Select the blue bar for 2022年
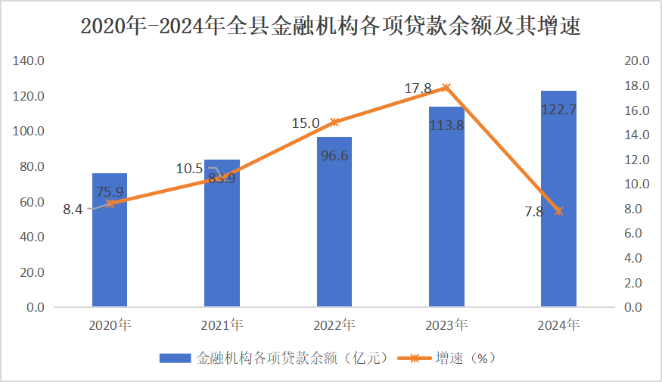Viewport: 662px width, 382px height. tap(334, 227)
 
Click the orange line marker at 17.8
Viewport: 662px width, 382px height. tap(446, 88)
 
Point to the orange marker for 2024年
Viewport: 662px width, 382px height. tap(558, 211)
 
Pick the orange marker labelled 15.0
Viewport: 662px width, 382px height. tap(334, 122)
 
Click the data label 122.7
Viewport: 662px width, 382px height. tap(558, 110)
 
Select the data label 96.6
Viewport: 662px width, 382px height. tap(334, 156)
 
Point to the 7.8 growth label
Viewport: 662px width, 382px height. tap(533, 212)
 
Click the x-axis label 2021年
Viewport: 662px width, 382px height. tap(222, 326)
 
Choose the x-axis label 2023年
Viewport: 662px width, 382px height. tap(446, 326)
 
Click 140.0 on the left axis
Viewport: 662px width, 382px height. tap(30, 61)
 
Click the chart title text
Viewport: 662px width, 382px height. tap(331, 26)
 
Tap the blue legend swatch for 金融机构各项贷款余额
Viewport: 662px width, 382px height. tap(176, 358)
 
